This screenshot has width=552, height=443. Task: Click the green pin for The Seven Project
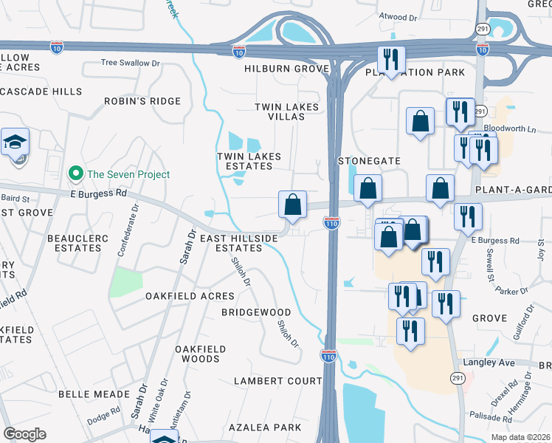(75, 174)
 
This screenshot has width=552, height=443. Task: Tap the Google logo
(24, 433)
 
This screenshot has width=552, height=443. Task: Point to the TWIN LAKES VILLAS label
(286, 112)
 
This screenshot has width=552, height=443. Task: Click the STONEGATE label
(369, 160)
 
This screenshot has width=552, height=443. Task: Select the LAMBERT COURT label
(277, 381)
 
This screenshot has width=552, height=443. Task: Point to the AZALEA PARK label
(265, 427)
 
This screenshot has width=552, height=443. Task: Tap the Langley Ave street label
(488, 363)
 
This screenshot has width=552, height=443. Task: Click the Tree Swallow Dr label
(130, 63)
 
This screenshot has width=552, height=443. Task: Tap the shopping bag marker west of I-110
(293, 205)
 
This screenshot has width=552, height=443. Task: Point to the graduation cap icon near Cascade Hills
(15, 142)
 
